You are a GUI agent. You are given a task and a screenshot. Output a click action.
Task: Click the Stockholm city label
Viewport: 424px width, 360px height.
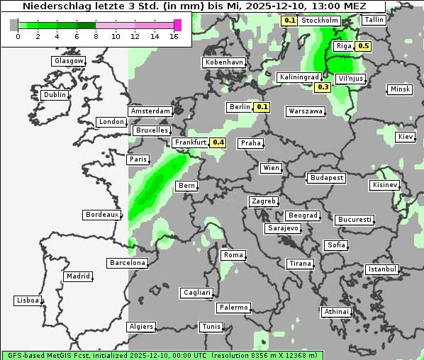click(x=319, y=21)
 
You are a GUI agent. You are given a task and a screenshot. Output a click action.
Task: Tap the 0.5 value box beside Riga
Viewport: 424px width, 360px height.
click(x=363, y=46)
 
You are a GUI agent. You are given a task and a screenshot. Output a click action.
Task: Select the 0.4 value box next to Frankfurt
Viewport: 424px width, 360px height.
click(x=218, y=142)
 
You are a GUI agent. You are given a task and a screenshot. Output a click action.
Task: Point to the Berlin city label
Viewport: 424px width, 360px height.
click(x=240, y=107)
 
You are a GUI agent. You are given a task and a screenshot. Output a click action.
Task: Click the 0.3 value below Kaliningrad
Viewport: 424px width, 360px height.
click(x=323, y=87)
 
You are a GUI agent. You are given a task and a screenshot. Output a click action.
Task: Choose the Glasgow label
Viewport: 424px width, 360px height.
click(x=68, y=61)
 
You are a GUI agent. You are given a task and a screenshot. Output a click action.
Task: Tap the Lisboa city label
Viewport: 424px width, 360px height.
click(x=27, y=300)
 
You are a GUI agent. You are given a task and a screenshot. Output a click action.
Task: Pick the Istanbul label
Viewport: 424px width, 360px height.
click(x=381, y=269)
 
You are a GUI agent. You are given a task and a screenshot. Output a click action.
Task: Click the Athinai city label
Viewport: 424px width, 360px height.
click(x=335, y=312)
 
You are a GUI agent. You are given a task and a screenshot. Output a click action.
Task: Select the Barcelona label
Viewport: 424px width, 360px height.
click(x=127, y=263)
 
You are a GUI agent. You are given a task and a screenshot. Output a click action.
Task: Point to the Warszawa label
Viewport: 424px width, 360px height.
click(x=306, y=111)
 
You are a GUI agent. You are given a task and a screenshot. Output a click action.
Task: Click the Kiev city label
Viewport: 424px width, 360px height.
click(x=405, y=136)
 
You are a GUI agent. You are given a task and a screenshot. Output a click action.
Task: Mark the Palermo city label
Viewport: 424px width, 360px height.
click(x=233, y=308)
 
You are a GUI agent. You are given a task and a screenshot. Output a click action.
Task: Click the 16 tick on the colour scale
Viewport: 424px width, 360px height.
click(x=174, y=35)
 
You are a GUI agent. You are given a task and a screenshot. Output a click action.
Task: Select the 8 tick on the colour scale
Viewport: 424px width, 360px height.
click(x=96, y=35)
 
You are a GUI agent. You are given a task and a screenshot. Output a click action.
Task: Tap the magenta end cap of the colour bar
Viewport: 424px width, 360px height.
click(x=177, y=25)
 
